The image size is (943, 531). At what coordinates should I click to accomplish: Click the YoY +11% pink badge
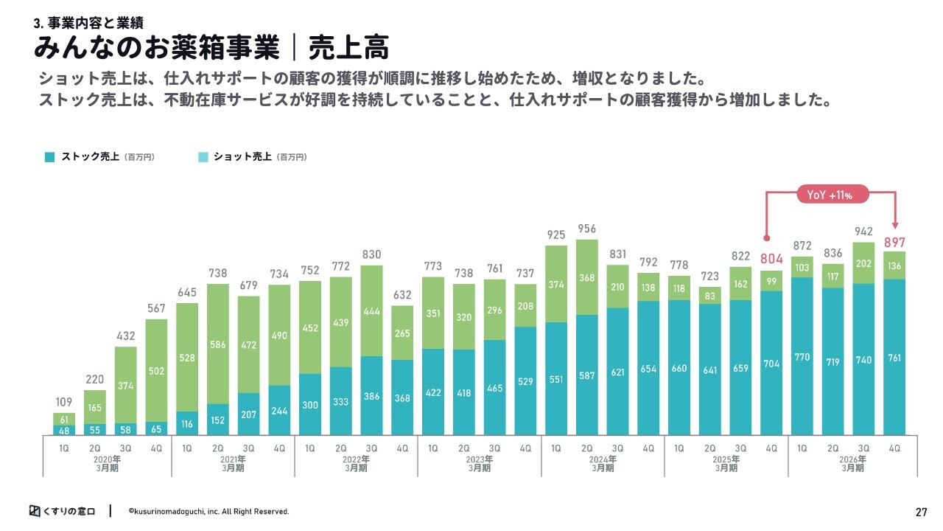click(832, 194)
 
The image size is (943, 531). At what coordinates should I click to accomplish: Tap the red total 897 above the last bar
click(894, 243)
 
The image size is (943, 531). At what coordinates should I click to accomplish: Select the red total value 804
click(771, 258)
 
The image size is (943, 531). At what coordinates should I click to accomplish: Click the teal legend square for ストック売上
click(49, 157)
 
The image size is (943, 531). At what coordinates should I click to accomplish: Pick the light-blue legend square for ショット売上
click(203, 157)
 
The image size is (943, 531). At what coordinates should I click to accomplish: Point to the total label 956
click(587, 229)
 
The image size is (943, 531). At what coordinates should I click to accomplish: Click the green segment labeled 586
click(218, 344)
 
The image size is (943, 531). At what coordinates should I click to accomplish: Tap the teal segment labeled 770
click(802, 356)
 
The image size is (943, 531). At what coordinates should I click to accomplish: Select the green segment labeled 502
click(156, 370)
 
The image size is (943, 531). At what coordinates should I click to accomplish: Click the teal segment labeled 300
click(310, 404)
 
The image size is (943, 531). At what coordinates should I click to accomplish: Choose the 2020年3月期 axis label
click(107, 464)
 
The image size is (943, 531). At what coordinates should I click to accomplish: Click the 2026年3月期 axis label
click(853, 464)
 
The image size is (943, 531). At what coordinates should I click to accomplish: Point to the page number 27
click(921, 512)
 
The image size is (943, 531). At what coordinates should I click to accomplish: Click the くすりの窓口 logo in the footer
click(63, 511)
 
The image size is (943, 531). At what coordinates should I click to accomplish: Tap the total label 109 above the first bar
click(64, 402)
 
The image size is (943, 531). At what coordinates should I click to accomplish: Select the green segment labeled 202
click(863, 263)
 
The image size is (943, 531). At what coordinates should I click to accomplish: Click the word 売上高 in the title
click(349, 48)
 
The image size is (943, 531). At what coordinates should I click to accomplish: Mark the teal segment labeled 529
click(525, 381)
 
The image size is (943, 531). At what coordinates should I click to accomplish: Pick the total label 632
click(402, 294)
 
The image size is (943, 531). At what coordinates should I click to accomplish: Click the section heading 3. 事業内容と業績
click(89, 23)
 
